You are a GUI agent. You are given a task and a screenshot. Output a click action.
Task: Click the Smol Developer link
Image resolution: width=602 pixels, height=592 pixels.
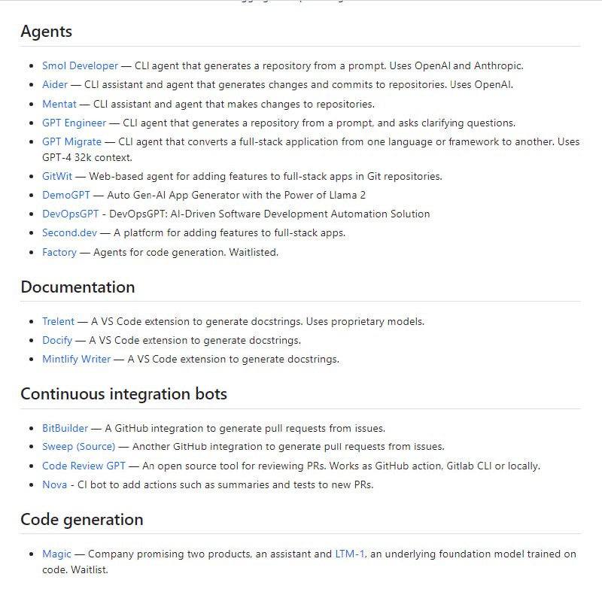click(80, 65)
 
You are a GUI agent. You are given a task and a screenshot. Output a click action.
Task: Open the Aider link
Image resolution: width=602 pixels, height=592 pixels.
click(55, 84)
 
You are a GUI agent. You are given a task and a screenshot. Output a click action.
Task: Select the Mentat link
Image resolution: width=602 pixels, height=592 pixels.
click(59, 104)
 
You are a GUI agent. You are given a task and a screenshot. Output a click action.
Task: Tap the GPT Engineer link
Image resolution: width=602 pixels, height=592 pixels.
click(74, 123)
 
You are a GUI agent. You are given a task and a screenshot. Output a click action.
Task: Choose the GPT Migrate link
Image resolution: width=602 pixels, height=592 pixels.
click(71, 141)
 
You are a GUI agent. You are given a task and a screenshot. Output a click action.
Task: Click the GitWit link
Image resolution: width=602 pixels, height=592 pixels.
click(57, 176)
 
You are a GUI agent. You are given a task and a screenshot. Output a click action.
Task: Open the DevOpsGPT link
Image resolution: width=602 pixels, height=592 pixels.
click(70, 214)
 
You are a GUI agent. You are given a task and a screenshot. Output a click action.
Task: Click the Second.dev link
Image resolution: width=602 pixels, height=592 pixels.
click(69, 232)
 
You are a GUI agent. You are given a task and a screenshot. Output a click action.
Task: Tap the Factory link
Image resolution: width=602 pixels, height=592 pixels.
click(59, 252)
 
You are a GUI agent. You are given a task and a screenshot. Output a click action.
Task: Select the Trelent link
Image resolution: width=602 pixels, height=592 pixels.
click(59, 321)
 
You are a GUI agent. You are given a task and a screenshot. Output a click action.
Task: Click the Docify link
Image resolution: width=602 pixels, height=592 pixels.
click(57, 340)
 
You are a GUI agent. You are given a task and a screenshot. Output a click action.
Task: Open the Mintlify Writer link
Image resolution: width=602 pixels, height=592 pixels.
click(76, 359)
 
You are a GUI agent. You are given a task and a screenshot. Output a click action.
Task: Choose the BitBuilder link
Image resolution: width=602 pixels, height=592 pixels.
click(65, 428)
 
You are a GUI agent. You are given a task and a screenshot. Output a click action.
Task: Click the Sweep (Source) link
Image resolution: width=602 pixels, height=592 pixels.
click(78, 446)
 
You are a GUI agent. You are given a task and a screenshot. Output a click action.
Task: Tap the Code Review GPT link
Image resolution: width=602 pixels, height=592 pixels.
click(84, 466)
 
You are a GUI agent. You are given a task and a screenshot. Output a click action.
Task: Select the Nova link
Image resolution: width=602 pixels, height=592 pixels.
click(54, 484)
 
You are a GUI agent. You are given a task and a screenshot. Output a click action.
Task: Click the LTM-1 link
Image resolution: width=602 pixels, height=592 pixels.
click(350, 554)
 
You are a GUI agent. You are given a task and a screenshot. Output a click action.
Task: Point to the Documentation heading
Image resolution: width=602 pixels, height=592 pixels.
click(78, 287)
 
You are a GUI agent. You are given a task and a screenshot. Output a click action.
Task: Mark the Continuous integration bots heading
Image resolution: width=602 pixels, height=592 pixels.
click(123, 393)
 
